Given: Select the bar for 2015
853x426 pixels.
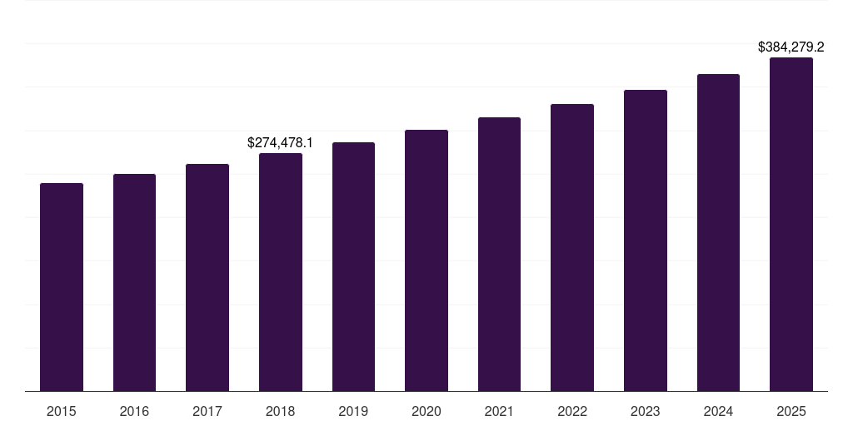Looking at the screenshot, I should click(x=62, y=287).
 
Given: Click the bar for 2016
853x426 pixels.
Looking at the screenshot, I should click(x=134, y=282).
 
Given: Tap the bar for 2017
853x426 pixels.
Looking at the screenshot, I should click(x=207, y=277).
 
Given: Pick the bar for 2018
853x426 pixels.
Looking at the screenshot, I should click(x=281, y=272).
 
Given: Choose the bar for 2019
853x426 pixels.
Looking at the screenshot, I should click(x=353, y=266).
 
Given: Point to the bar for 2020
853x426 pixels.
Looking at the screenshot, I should click(x=426, y=260).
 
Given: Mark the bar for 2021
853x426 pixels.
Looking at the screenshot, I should click(x=499, y=254).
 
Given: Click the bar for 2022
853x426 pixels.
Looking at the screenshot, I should click(x=572, y=247).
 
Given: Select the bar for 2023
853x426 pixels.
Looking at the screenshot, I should click(x=646, y=240).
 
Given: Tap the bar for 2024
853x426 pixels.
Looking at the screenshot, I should click(x=718, y=232).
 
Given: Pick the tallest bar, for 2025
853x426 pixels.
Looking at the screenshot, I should click(x=791, y=224).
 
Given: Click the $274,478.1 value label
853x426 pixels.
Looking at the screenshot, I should click(x=281, y=143).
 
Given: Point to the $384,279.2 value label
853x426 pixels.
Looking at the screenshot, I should click(x=791, y=47).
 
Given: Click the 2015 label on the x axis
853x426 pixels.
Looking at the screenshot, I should click(x=62, y=411).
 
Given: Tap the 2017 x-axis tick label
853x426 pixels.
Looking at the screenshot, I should click(x=207, y=411).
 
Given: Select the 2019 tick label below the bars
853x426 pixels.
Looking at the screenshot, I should click(x=353, y=411).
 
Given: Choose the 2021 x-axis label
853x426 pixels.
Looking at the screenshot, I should click(x=499, y=411).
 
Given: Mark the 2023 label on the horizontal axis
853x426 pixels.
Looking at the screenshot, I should click(x=646, y=411).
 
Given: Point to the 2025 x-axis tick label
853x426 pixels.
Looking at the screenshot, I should click(x=791, y=411).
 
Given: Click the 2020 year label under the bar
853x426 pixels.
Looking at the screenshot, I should click(x=426, y=411).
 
